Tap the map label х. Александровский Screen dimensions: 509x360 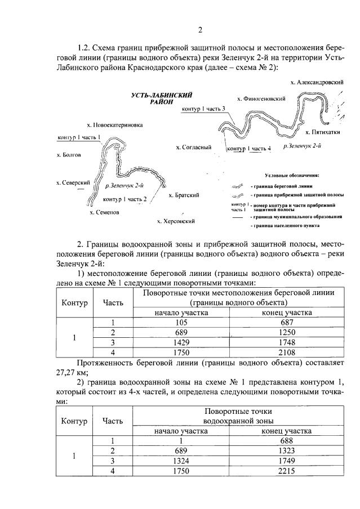[x=317, y=82]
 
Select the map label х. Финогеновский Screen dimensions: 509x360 [x=261, y=99]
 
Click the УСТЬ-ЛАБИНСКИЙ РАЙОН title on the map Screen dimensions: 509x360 [x=158, y=99]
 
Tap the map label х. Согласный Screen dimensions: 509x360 [x=193, y=148]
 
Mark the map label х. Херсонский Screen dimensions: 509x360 [x=176, y=221]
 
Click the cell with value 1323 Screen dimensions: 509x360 [x=287, y=451]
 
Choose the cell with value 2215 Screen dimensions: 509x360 [x=287, y=471]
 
